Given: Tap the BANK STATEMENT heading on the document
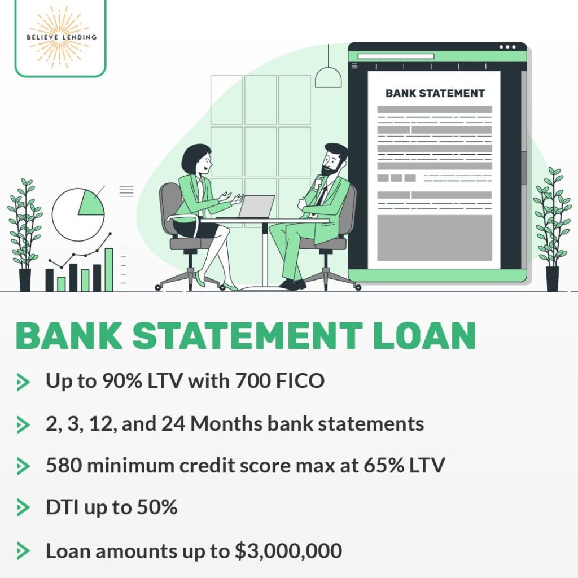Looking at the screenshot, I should click(435, 94).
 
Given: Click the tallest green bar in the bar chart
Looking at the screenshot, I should click(109, 269).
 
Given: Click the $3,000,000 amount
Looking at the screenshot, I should click(288, 551).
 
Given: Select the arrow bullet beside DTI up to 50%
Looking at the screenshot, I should click(23, 508).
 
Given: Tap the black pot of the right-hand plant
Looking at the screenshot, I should click(551, 279).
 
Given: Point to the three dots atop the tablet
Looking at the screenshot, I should click(507, 47).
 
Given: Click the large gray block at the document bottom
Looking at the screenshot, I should click(434, 238).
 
